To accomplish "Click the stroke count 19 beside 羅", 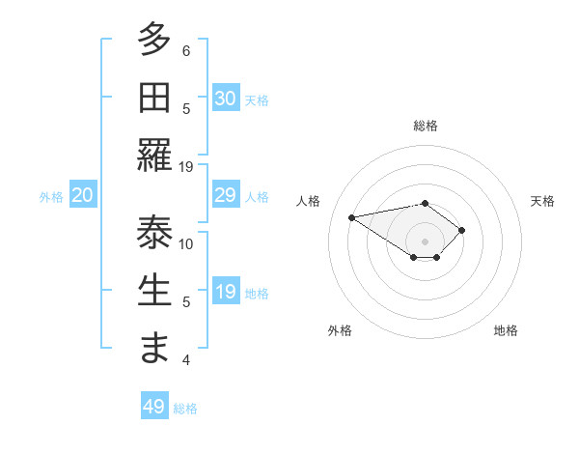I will pyautogui.click(x=186, y=166).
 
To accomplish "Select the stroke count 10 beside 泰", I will pyautogui.click(x=186, y=243).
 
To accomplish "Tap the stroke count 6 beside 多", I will pyautogui.click(x=186, y=50).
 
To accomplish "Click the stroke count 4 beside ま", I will pyautogui.click(x=186, y=360).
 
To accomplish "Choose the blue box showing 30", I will pyautogui.click(x=225, y=99).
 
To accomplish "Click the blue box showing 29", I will pyautogui.click(x=225, y=196).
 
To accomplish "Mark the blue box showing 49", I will pyautogui.click(x=154, y=407).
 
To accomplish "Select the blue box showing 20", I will pyautogui.click(x=82, y=196).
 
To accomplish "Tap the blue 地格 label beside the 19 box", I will pyautogui.click(x=258, y=294).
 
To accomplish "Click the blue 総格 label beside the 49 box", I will pyautogui.click(x=186, y=409).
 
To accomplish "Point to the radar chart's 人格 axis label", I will pyautogui.click(x=310, y=201).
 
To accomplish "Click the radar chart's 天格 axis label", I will pyautogui.click(x=542, y=201).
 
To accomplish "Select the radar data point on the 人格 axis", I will pyautogui.click(x=352, y=217).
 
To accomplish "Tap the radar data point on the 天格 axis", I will pyautogui.click(x=462, y=230).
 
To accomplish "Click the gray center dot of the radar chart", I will pyautogui.click(x=426, y=241).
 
